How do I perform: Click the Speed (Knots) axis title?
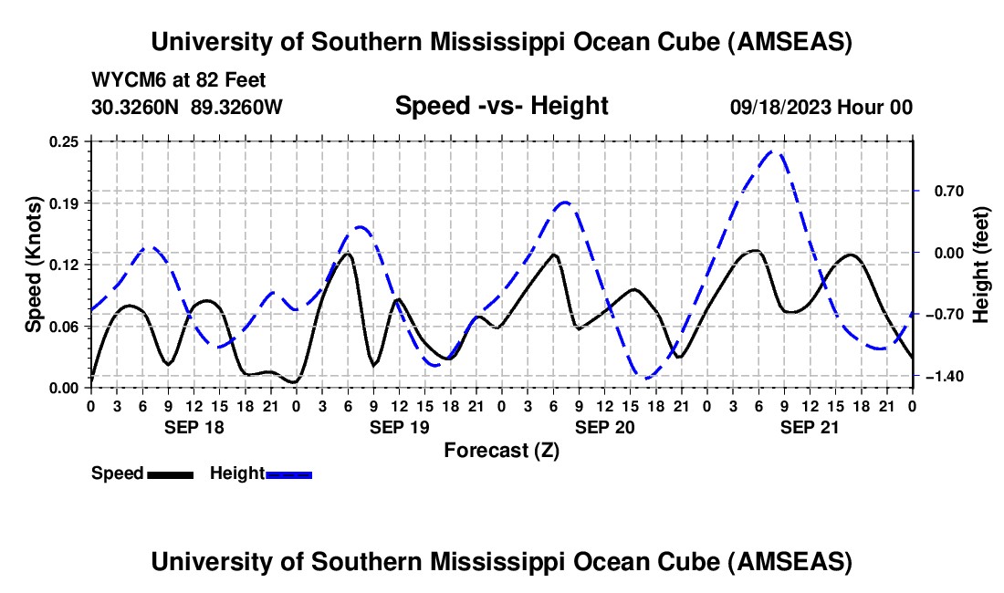point(34,264)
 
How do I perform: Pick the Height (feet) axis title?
point(981,264)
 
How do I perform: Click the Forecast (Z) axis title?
point(501,450)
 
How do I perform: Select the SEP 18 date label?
point(193,427)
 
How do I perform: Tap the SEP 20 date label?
point(604,427)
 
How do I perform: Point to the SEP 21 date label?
point(810,427)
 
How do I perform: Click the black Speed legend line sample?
point(170,473)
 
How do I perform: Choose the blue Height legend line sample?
point(288,473)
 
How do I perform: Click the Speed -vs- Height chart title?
point(501,106)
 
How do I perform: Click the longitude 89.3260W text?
point(237,107)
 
